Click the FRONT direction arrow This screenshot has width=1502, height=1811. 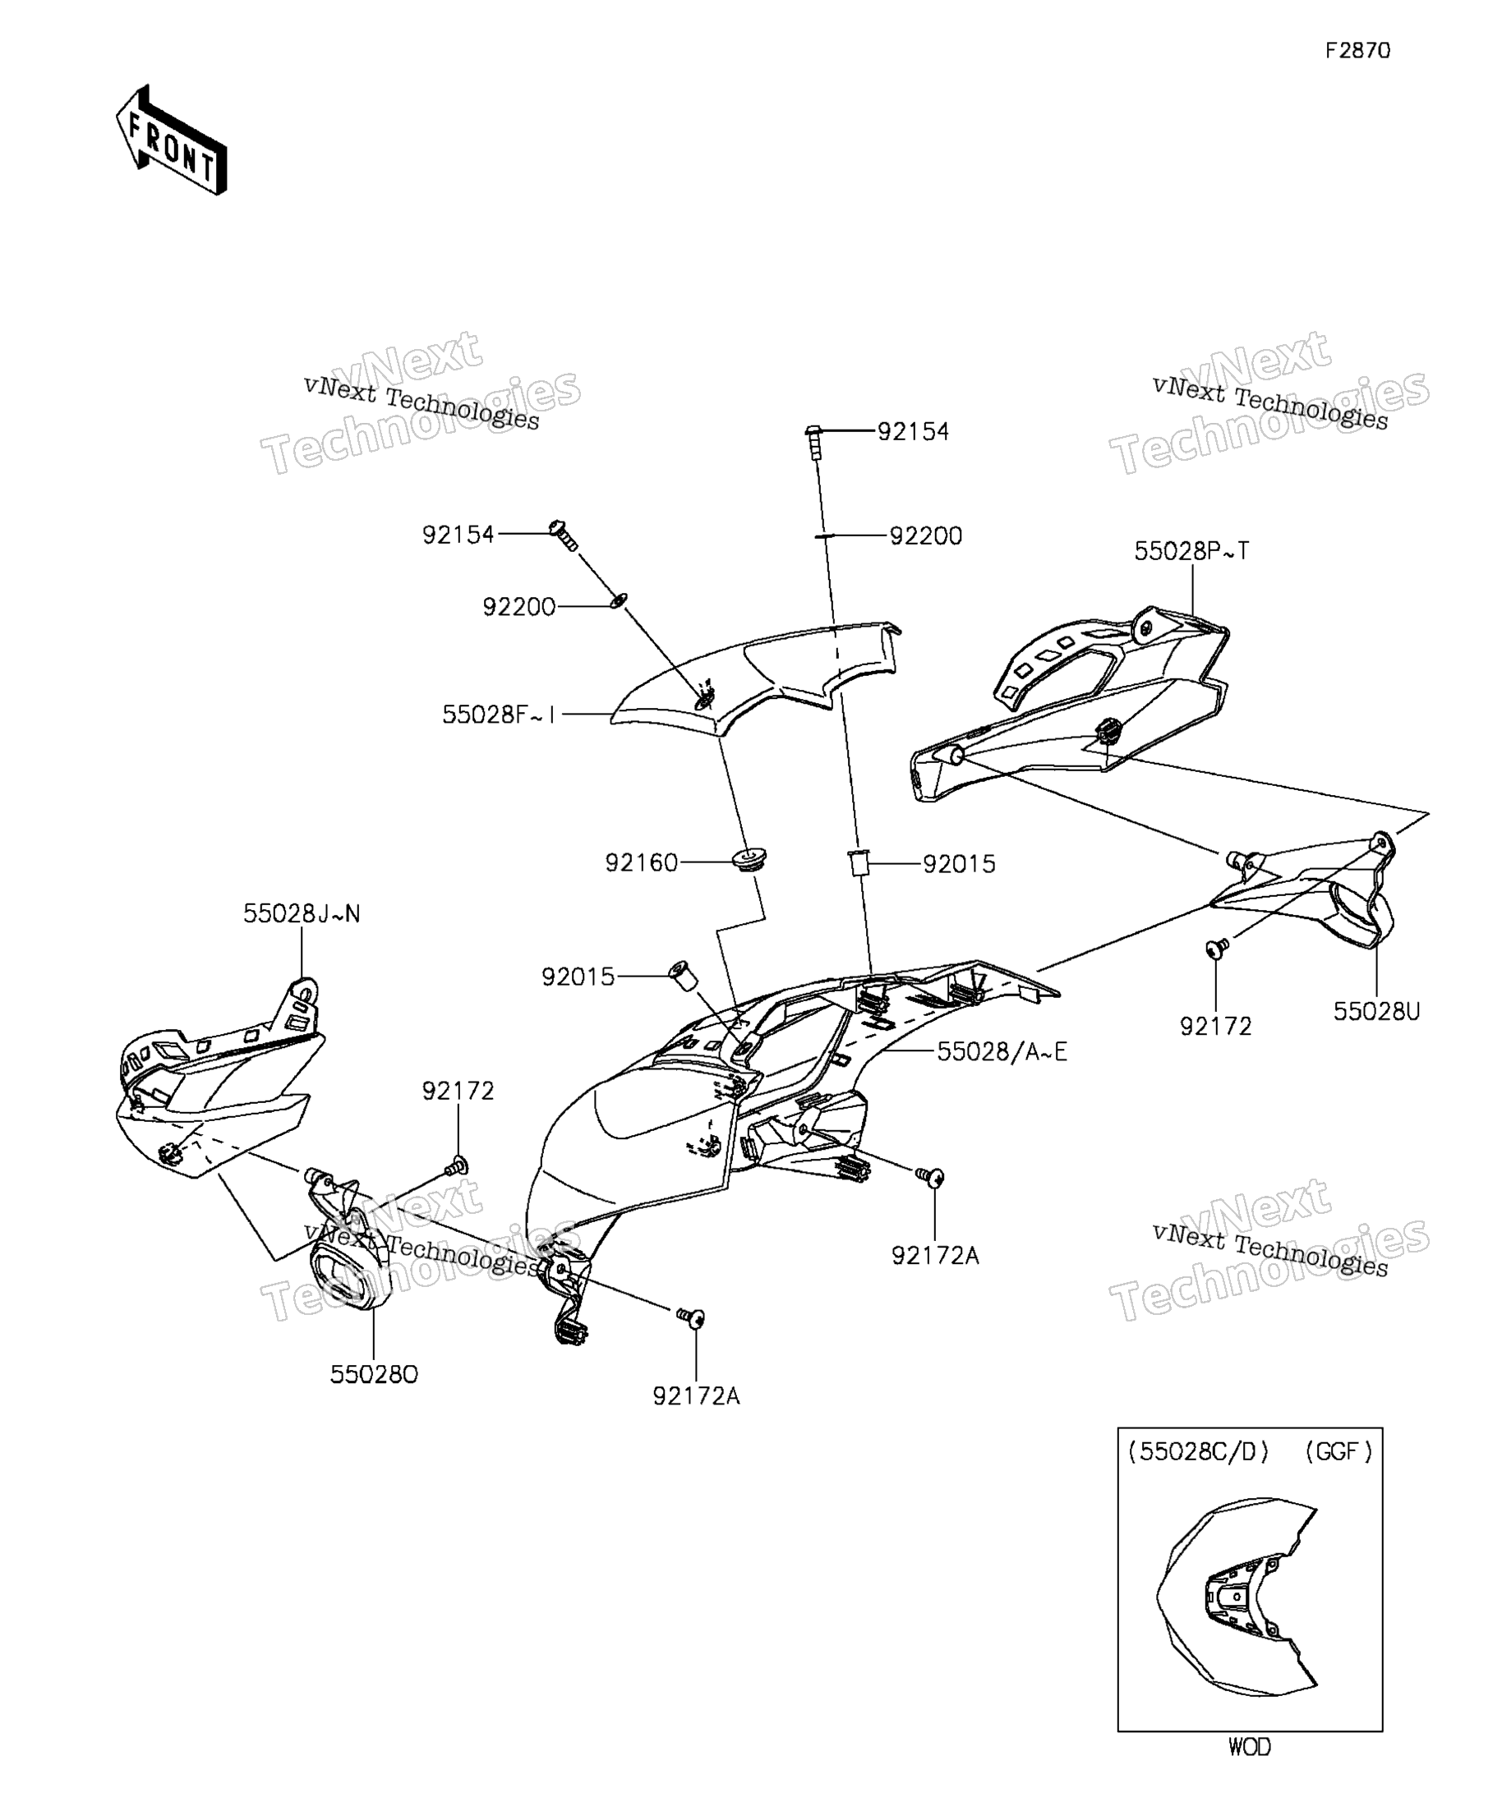[171, 140]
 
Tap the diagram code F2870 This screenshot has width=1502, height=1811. [1357, 51]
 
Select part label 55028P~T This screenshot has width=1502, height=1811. [1191, 551]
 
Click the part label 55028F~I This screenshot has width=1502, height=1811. [499, 714]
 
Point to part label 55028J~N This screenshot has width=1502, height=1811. [301, 913]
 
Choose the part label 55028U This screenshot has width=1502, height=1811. [1376, 1012]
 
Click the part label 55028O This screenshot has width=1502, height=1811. [374, 1375]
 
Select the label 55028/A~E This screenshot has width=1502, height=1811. [1002, 1051]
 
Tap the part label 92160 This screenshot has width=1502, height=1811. [641, 862]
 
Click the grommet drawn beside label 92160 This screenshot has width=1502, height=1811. [749, 860]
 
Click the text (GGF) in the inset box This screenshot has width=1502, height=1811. [1338, 1452]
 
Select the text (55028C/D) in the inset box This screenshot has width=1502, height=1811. [1198, 1452]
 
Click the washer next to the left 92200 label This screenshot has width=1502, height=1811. [619, 600]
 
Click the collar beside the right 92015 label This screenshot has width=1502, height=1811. [858, 862]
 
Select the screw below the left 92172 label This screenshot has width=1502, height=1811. [456, 1168]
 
